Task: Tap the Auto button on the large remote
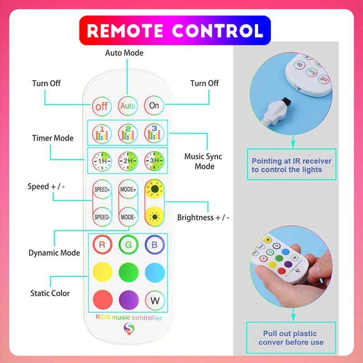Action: click(128, 106)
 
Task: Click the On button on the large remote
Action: click(154, 106)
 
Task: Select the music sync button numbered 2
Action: click(128, 133)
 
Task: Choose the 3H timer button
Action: click(154, 161)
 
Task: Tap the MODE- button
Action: click(128, 217)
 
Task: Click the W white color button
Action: click(155, 300)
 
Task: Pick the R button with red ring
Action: click(103, 245)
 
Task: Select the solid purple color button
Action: click(129, 300)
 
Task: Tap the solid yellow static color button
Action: click(103, 272)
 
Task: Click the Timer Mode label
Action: click(53, 138)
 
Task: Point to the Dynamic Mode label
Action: click(54, 253)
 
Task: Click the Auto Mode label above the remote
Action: click(124, 53)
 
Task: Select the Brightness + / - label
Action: click(203, 218)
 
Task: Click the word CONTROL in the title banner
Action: click(218, 30)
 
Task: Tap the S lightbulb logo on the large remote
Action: click(129, 329)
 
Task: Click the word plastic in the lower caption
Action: click(304, 334)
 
